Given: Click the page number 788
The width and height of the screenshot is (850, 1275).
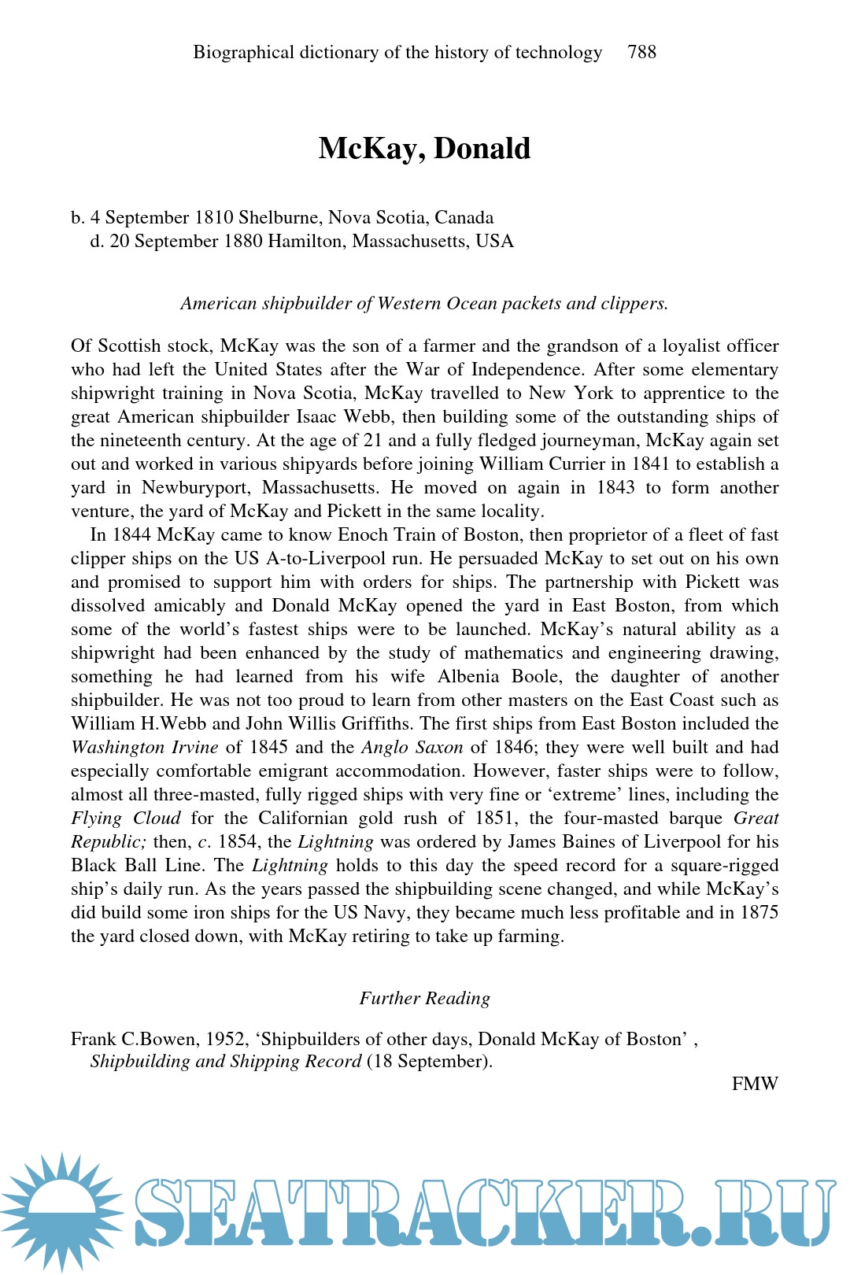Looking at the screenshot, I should (x=641, y=52).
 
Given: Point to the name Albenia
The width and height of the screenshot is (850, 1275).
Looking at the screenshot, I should (x=469, y=676).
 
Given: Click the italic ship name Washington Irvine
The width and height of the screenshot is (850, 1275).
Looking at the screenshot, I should (x=144, y=747).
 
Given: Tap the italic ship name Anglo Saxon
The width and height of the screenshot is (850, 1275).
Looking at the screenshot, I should (x=412, y=747).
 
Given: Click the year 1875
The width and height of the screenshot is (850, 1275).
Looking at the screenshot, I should (x=759, y=912).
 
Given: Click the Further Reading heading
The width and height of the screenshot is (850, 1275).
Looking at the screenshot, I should (x=424, y=998).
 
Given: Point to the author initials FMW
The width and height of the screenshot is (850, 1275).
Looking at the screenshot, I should (x=754, y=1084).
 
